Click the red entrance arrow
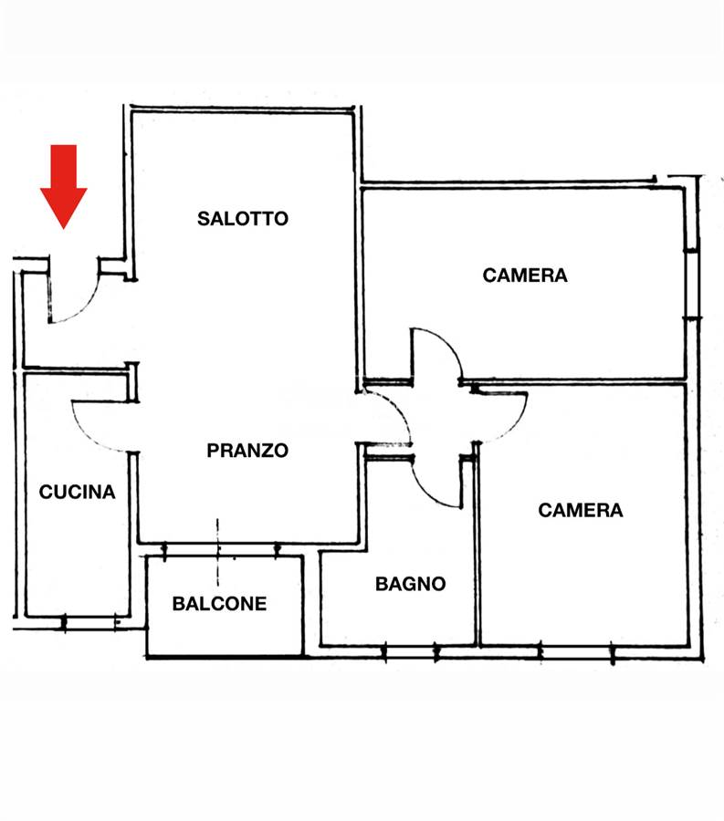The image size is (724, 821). (x=63, y=186)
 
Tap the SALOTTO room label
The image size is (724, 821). (x=243, y=218)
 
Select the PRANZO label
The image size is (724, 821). (x=247, y=451)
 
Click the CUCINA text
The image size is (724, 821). (x=77, y=492)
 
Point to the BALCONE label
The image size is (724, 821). (x=219, y=604)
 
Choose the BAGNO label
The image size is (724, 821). (x=411, y=584)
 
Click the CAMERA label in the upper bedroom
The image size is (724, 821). (x=525, y=275)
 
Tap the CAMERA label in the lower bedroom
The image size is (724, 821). (x=581, y=511)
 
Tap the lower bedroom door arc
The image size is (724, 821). (x=516, y=427)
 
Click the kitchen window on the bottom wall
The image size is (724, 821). (x=90, y=622)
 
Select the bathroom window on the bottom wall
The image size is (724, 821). (x=411, y=652)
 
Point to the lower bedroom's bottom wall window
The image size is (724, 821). (x=576, y=652)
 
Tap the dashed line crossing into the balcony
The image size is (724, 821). (x=218, y=552)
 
